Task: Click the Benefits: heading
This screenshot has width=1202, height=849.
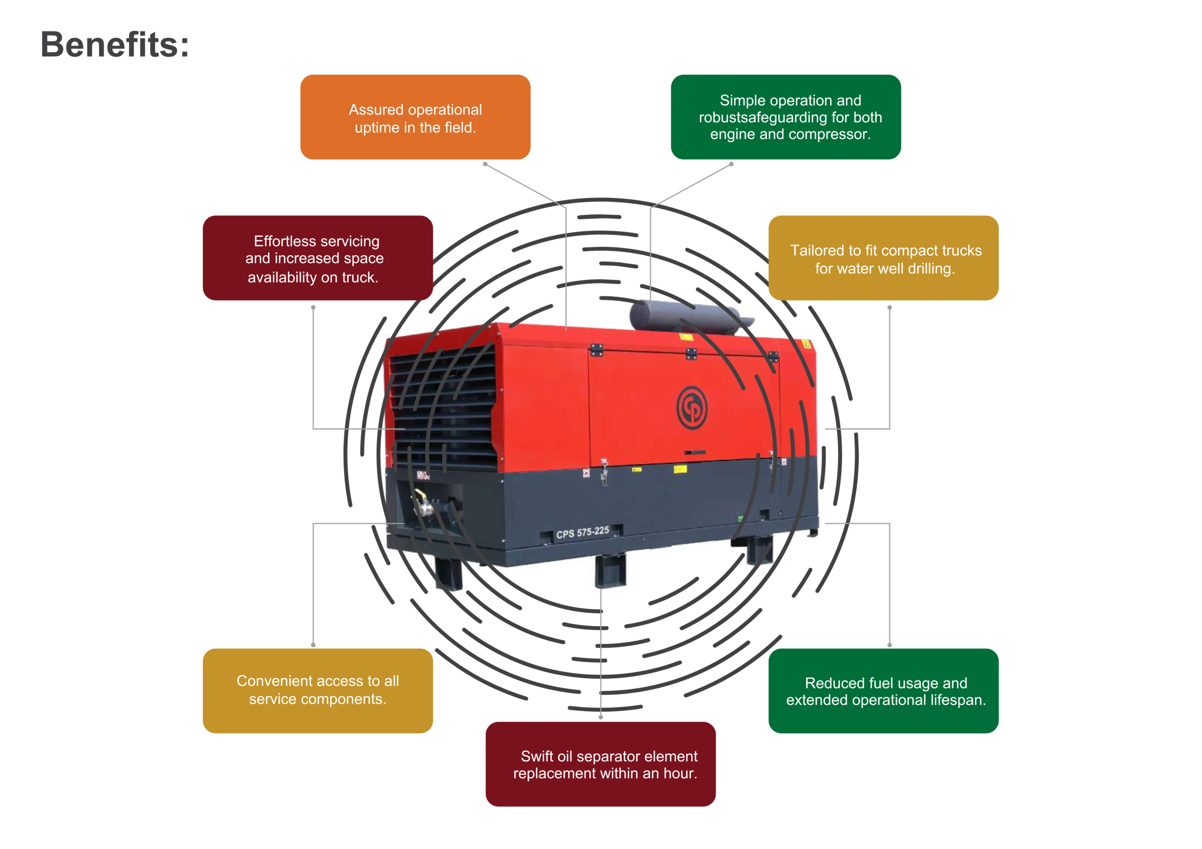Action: point(115,45)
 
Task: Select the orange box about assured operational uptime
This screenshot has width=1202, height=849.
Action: point(415,117)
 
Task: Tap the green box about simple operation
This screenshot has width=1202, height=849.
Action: point(785,117)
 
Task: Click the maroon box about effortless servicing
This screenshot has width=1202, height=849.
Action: point(317,258)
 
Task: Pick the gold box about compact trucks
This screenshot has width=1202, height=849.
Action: point(883,258)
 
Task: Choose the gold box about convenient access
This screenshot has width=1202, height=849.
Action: point(317,690)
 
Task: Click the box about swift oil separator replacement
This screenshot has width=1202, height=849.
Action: point(601,764)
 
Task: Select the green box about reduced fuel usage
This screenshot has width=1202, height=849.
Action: point(883,690)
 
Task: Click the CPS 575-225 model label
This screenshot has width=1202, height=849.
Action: point(583,533)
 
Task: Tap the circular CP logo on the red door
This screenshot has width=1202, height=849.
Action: point(692,408)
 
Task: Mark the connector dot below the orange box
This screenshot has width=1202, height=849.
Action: point(485,164)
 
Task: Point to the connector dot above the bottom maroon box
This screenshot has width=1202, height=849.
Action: point(601,717)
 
